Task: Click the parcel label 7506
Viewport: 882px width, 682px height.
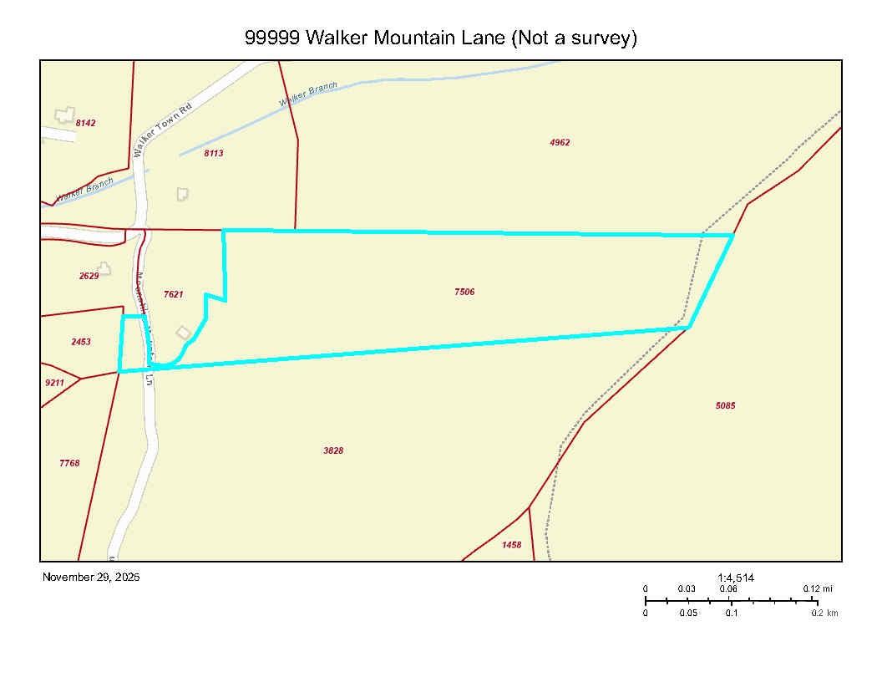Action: (x=464, y=292)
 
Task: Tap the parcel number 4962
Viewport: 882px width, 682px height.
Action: (x=560, y=142)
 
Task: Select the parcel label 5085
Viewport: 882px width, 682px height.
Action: (x=725, y=405)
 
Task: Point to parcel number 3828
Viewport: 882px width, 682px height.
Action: (x=333, y=450)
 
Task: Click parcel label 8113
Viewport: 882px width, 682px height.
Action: (x=213, y=153)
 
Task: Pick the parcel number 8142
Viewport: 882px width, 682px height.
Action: (x=85, y=123)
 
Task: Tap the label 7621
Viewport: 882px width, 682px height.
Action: (x=173, y=294)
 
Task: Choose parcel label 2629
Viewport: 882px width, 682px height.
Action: (x=89, y=275)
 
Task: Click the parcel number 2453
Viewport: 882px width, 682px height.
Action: (x=81, y=342)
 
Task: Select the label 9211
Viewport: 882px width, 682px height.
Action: (x=54, y=383)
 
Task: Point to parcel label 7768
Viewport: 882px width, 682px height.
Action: (x=69, y=463)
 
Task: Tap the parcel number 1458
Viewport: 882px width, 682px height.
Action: (x=511, y=545)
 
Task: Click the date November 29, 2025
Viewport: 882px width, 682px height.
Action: (x=91, y=577)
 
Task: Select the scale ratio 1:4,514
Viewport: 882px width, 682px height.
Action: (x=736, y=577)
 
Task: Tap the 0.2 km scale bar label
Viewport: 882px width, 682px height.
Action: (x=824, y=613)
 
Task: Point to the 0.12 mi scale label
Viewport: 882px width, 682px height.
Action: (x=818, y=588)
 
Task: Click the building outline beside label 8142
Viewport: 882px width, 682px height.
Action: (x=64, y=115)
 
